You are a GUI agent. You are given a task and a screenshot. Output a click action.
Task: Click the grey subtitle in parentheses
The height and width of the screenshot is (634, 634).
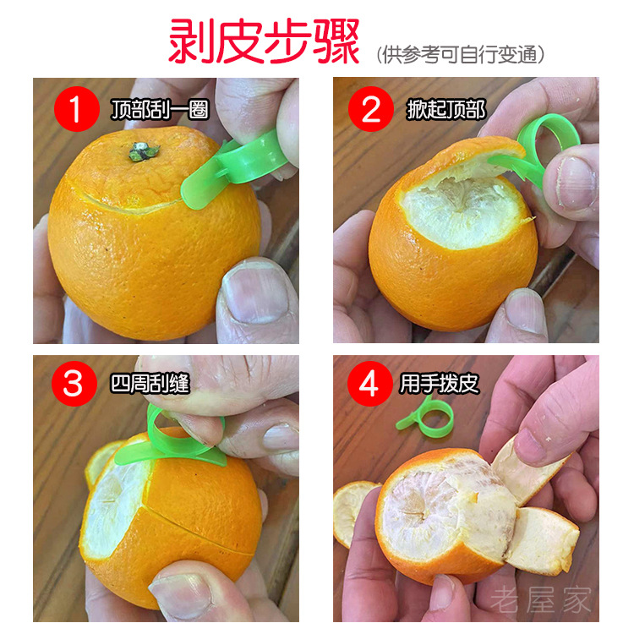click(x=460, y=55)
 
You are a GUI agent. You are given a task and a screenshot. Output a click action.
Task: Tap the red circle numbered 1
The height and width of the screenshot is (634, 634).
click(x=77, y=110)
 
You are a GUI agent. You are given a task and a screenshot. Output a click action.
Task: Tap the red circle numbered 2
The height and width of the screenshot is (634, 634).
click(x=372, y=110)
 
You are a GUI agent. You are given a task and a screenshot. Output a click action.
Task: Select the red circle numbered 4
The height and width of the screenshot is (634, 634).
click(x=369, y=384)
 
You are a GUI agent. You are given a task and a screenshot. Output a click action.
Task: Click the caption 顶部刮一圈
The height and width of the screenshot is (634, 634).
click(x=159, y=110)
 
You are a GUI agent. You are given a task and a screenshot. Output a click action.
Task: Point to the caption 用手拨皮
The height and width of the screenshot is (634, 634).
click(x=440, y=384)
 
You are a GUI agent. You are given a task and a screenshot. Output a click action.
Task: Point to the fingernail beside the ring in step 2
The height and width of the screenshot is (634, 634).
click(x=576, y=182)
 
